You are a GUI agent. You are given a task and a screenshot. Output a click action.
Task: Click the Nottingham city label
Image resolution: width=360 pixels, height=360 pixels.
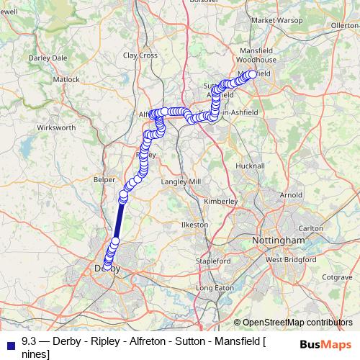point(279,239)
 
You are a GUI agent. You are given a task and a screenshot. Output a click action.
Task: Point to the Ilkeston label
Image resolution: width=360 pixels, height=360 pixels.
point(194,225)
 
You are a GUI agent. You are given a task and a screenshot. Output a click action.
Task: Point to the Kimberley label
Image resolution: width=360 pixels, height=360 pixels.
point(222,202)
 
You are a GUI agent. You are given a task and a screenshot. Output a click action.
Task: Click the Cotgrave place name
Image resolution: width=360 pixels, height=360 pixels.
point(337,276)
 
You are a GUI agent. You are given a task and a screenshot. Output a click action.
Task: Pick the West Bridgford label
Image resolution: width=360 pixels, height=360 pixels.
point(288,259)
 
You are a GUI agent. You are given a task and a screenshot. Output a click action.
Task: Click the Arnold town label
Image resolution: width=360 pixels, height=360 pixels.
point(291,194)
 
